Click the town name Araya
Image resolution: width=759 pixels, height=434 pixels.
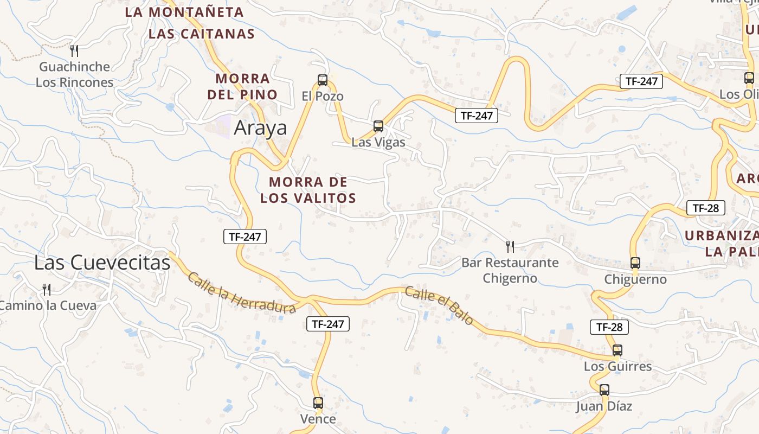(x=260, y=128)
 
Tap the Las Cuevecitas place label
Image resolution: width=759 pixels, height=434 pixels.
(x=102, y=263)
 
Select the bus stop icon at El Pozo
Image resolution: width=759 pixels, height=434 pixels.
(x=323, y=80)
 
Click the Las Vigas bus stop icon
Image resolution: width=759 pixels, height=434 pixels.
(x=378, y=126)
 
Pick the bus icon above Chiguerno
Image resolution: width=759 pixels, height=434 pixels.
(x=635, y=263)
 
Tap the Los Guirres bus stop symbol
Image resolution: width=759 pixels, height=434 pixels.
(x=617, y=350)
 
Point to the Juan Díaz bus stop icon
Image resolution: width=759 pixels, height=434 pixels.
(x=604, y=390)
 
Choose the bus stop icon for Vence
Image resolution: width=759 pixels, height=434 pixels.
(x=318, y=403)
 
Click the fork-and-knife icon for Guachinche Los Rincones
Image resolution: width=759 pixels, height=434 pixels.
(x=74, y=51)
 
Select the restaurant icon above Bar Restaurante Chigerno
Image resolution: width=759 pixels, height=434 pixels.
(x=510, y=247)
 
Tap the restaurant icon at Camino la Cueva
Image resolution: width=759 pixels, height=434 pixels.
(x=47, y=289)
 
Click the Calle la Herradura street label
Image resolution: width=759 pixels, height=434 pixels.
(x=241, y=293)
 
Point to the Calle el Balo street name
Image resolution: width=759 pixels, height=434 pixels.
(x=439, y=306)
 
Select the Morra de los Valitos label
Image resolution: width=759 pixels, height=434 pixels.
(x=308, y=190)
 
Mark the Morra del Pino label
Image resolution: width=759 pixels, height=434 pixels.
(x=242, y=86)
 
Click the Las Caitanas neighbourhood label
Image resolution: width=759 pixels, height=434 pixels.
(x=201, y=34)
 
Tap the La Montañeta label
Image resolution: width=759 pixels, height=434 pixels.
(x=184, y=12)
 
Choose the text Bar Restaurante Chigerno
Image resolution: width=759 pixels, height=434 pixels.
(x=510, y=270)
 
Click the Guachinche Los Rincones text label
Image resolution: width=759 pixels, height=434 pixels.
(x=75, y=74)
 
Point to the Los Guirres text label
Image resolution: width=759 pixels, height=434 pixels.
(x=618, y=367)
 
